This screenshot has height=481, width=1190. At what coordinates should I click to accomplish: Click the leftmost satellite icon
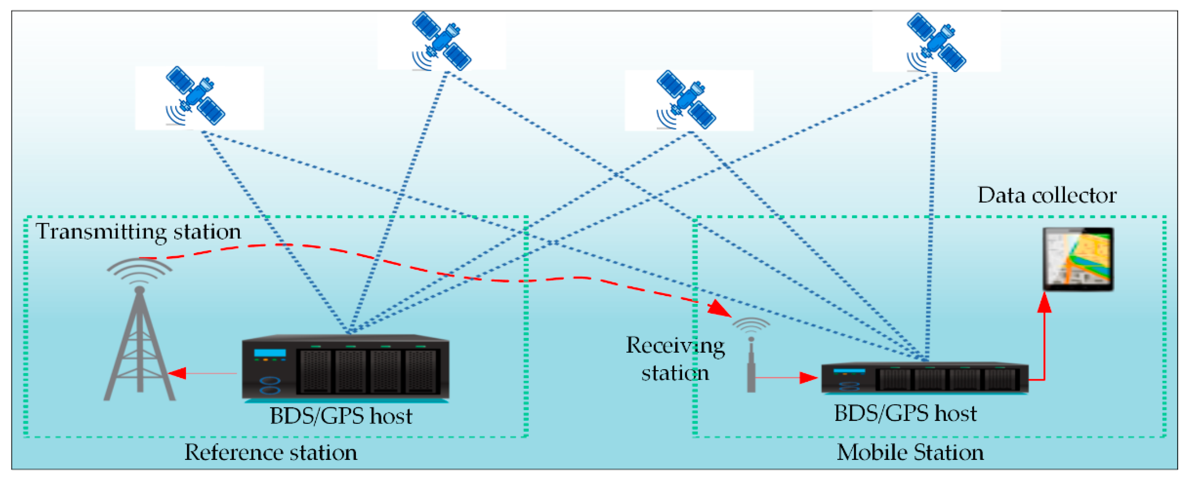click(195, 95)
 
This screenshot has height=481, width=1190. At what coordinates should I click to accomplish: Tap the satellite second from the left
click(441, 41)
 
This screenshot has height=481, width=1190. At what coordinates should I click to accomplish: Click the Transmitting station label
click(138, 231)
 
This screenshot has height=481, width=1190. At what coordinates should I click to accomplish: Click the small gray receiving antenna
click(751, 365)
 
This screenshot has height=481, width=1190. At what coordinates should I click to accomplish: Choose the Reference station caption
click(271, 452)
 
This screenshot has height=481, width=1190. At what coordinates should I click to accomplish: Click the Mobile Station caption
click(910, 452)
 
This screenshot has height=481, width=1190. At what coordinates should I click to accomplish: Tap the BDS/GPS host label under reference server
click(341, 416)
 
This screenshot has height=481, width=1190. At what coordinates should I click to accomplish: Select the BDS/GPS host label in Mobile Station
click(905, 413)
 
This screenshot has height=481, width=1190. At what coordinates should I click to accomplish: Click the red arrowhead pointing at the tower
click(178, 373)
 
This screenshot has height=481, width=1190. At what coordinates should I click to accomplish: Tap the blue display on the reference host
click(270, 353)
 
